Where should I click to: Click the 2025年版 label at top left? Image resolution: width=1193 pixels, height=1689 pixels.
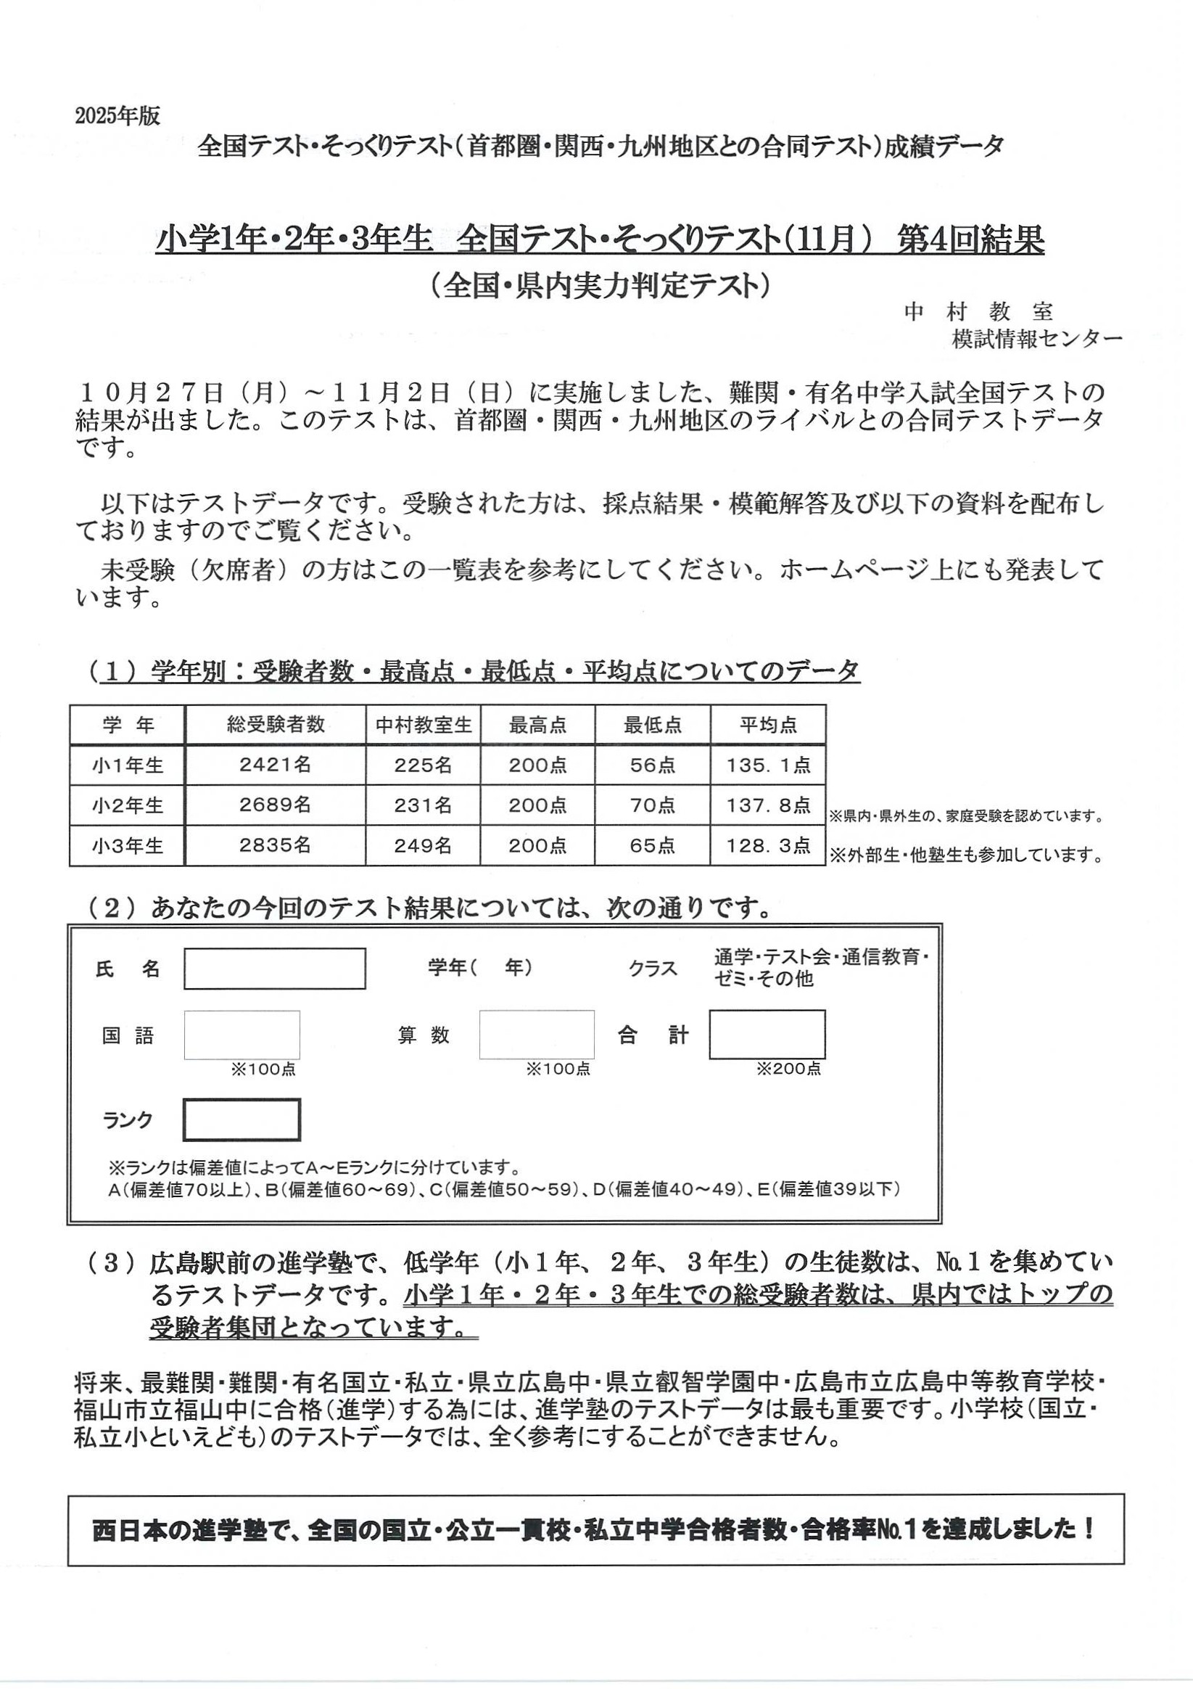point(117,116)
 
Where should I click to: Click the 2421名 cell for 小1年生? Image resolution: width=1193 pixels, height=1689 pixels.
point(275,765)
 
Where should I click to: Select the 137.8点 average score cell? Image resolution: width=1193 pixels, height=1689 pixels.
point(768,805)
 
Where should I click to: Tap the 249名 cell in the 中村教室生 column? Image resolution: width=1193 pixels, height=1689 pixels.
point(423,845)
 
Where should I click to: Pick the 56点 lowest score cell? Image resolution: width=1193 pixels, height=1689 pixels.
point(652,765)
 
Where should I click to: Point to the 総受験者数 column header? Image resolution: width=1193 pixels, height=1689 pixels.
point(275,725)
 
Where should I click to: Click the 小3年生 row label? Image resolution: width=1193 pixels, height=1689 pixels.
point(127,846)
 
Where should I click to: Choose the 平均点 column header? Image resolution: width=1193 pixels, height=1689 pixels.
point(768,726)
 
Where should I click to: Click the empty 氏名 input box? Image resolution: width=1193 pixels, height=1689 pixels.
point(274,968)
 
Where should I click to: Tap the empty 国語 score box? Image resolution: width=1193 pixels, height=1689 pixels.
point(242,1035)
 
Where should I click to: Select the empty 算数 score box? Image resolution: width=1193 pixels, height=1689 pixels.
point(536,1035)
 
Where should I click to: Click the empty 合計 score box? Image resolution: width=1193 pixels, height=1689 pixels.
point(767,1035)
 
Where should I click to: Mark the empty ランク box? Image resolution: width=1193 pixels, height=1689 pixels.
point(242,1119)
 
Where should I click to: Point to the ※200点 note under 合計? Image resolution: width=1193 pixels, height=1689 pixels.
point(788,1069)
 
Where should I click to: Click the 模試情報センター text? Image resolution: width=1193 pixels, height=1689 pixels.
point(1036,339)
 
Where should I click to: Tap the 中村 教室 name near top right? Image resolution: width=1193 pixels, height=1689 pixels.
point(978,312)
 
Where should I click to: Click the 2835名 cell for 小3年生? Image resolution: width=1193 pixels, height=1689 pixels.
point(275,845)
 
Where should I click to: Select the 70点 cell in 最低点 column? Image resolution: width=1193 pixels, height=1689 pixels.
point(652,805)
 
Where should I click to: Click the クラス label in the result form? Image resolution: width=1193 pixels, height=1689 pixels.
point(653,968)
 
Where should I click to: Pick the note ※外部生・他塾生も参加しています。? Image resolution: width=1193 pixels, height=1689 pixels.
point(967,855)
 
